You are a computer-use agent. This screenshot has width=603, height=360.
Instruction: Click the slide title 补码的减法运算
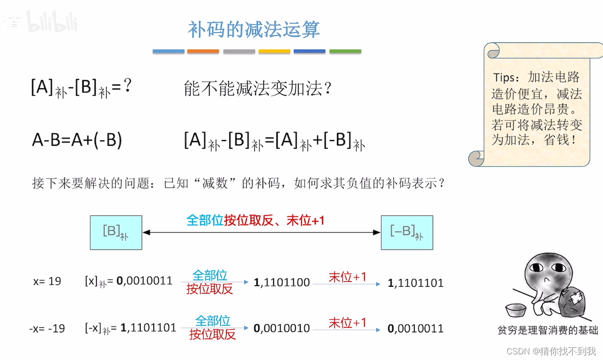254,29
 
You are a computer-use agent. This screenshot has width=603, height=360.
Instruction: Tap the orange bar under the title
203,51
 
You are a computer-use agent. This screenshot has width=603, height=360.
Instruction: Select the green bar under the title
345,51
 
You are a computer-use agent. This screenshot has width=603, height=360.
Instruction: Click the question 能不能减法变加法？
258,89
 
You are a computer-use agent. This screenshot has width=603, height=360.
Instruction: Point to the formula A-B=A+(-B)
77,140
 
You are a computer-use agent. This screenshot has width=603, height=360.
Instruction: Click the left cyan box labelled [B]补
116,232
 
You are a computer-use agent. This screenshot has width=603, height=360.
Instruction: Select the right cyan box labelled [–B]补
407,232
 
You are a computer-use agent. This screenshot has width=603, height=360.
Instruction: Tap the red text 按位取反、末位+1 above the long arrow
274,220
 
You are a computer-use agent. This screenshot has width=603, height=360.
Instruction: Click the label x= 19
47,282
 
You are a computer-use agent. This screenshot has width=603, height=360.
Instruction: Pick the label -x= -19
47,328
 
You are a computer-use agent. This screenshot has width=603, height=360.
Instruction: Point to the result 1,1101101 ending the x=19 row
416,283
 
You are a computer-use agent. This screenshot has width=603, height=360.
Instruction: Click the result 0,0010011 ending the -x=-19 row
416,329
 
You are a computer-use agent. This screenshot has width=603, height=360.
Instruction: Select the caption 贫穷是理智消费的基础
548,330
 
